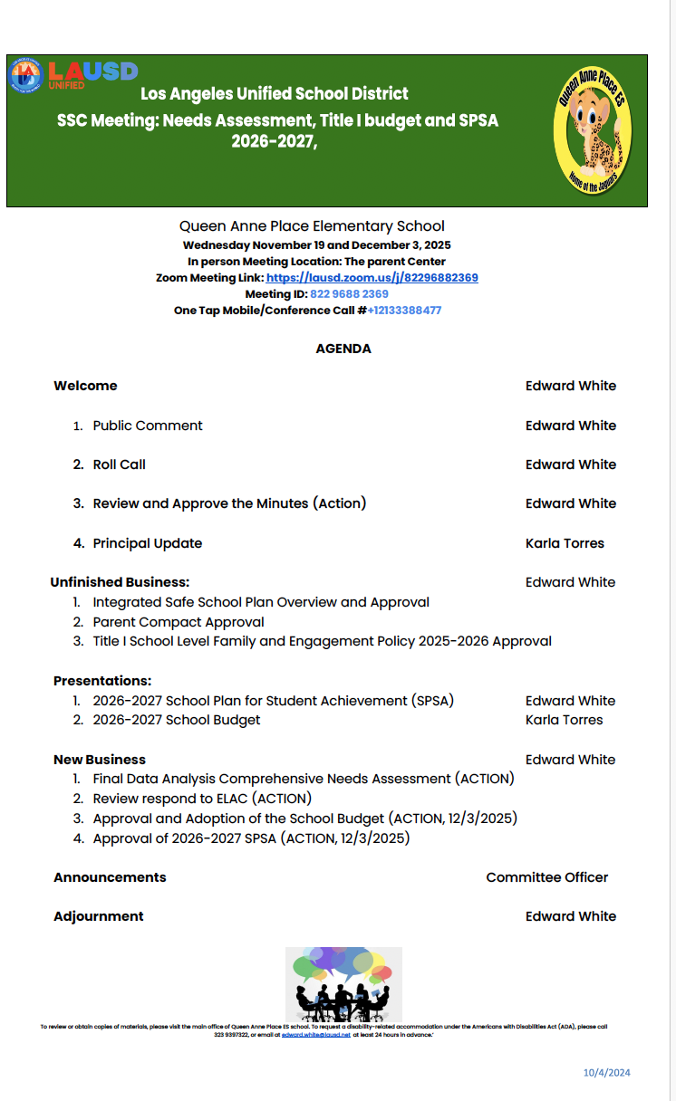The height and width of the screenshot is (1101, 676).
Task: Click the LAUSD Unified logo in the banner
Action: pyautogui.click(x=72, y=74)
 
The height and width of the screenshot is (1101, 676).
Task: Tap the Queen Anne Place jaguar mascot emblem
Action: pyautogui.click(x=594, y=129)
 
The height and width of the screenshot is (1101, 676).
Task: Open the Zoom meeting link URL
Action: pyautogui.click(x=372, y=278)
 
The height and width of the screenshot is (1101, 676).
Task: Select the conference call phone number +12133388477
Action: pyautogui.click(x=404, y=311)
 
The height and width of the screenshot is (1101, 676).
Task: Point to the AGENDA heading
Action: pyautogui.click(x=343, y=349)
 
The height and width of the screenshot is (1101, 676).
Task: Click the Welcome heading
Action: pyautogui.click(x=85, y=386)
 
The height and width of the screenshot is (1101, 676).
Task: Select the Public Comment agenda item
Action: pyautogui.click(x=148, y=426)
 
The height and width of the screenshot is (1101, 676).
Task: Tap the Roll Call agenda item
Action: pyautogui.click(x=119, y=464)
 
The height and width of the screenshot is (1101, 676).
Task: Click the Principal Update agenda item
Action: pyautogui.click(x=148, y=543)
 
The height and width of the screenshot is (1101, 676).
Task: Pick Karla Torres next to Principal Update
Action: pyautogui.click(x=565, y=543)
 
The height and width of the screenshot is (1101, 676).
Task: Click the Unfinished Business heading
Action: pyautogui.click(x=120, y=582)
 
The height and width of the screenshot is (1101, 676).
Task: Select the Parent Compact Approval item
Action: pyautogui.click(x=179, y=622)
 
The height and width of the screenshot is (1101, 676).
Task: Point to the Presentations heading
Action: pyautogui.click(x=102, y=681)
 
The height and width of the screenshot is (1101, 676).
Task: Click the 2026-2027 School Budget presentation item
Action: pyautogui.click(x=177, y=720)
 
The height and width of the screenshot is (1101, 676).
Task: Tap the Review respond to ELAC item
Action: pyautogui.click(x=202, y=799)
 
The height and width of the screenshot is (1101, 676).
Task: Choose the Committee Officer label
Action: pyautogui.click(x=546, y=877)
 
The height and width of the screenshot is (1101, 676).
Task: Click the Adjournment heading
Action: pyautogui.click(x=99, y=916)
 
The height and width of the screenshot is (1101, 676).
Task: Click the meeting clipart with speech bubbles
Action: pyautogui.click(x=343, y=984)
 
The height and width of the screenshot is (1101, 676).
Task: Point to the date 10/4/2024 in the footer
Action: pyautogui.click(x=606, y=1073)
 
